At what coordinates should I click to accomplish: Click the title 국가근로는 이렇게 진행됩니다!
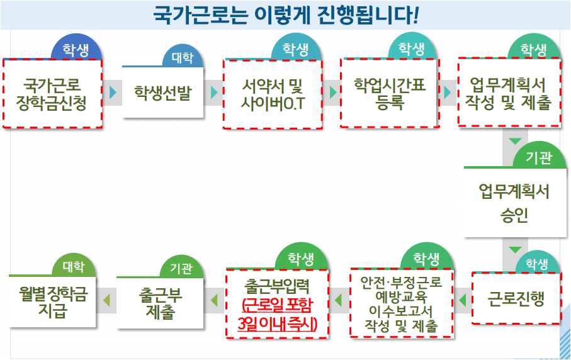pos(286,15)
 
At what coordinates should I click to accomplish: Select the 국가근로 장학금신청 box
pos(52,94)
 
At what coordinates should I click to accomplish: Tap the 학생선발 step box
pos(162,93)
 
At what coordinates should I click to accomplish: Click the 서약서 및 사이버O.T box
pos(273,94)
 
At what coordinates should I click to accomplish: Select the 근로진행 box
pos(516,298)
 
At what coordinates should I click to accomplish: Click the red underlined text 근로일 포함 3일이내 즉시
pos(277,315)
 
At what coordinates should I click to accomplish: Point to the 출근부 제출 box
pos(160,303)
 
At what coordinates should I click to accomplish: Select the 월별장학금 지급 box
pos(53,302)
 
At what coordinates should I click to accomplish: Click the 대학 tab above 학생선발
pos(183,58)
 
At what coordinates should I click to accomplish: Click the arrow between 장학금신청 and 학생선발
pos(113,93)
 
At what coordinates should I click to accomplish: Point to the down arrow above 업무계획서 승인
pos(515,140)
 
